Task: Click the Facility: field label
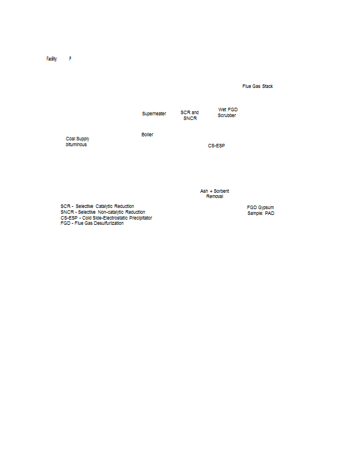point(52,59)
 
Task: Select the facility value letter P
point(70,59)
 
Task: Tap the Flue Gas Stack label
point(257,86)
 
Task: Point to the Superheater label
point(154,114)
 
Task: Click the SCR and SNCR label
point(190,115)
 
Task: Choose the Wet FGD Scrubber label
point(227,112)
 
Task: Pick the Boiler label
point(147,135)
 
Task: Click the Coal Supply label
point(77,139)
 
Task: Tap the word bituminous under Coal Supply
point(76,144)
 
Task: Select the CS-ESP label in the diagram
point(217,146)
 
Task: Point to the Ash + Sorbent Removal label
point(214,193)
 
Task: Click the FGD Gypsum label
point(260,207)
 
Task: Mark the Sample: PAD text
point(261,213)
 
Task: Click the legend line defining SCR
point(97,206)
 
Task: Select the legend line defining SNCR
point(103,212)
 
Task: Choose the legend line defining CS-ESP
point(106,217)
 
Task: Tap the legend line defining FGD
point(92,223)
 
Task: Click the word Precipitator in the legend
point(140,218)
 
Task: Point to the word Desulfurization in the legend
point(109,223)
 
